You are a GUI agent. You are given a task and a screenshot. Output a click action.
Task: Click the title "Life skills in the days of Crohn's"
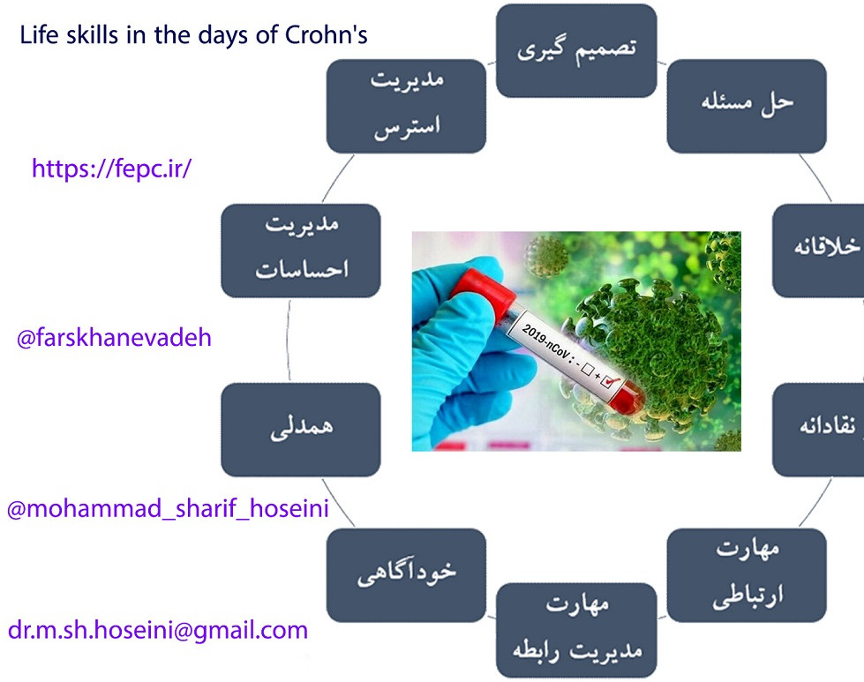point(193,36)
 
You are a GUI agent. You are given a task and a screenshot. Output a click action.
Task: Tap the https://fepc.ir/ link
point(111,169)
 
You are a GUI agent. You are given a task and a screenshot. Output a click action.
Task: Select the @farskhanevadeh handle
point(114,337)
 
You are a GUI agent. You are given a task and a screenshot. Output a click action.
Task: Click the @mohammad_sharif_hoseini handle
point(168,509)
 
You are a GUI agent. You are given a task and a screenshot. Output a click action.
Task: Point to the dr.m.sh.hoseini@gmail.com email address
point(158,630)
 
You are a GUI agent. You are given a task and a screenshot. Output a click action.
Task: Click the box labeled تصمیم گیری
point(576,50)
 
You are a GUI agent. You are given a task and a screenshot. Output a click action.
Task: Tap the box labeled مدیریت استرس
point(406,106)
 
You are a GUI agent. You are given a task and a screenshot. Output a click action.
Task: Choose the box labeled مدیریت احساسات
point(301,251)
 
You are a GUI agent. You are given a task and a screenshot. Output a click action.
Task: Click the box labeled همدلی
point(301,430)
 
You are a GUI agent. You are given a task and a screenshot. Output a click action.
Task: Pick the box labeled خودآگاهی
point(406,573)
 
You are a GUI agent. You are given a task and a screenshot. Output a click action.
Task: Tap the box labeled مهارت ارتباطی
point(746,573)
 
